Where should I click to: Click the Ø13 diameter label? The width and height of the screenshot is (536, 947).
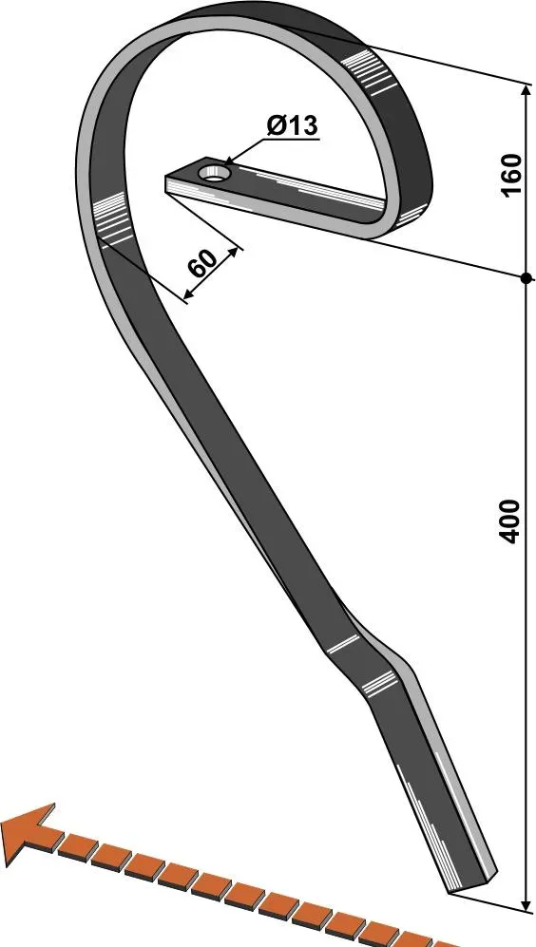292,126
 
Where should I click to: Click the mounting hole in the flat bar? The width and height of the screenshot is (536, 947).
214,173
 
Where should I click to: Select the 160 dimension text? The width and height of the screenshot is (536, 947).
510,175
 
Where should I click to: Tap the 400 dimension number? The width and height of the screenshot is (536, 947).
510,521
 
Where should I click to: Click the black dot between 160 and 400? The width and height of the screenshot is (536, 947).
526,277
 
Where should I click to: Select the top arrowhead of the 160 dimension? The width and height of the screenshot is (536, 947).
525,90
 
